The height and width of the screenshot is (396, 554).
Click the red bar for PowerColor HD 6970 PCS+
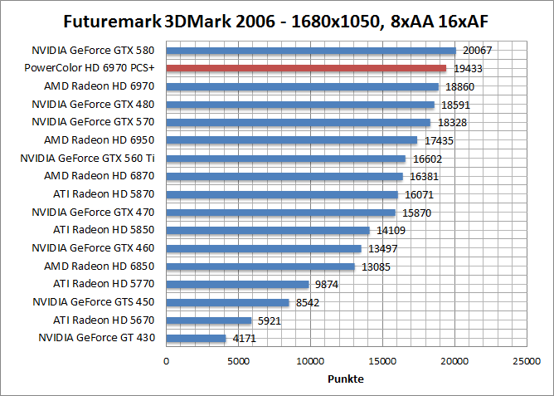point(306,68)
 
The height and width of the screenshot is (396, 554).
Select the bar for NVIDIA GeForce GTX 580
point(311,51)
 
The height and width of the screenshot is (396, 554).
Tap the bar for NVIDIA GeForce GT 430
point(197,338)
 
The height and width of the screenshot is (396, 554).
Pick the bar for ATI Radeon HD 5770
point(237,284)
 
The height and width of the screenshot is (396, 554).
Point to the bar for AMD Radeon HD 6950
point(292,140)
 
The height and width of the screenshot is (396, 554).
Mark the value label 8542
point(308,302)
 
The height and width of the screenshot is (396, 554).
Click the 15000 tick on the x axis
point(382,361)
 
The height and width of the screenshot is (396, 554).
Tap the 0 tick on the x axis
point(167,361)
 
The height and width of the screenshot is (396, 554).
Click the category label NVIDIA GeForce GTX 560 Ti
point(88,158)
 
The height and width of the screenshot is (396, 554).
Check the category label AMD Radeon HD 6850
point(100,266)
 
